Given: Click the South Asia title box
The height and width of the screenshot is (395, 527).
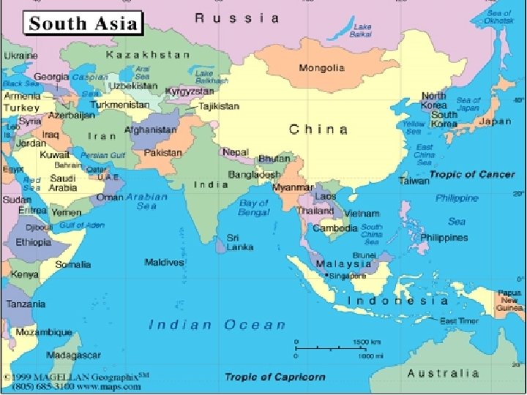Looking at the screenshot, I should pyautogui.click(x=83, y=23).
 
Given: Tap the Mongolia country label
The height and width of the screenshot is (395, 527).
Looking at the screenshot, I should pyautogui.click(x=321, y=68).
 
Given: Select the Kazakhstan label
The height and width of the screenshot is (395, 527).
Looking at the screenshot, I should pyautogui.click(x=148, y=54).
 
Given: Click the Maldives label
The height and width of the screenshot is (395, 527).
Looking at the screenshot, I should pyautogui.click(x=164, y=262).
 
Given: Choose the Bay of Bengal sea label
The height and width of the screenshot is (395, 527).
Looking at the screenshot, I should pyautogui.click(x=254, y=208).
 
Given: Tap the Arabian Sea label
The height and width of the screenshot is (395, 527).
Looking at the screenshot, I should pyautogui.click(x=146, y=201).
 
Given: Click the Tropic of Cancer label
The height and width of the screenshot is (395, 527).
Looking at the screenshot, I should pyautogui.click(x=472, y=175).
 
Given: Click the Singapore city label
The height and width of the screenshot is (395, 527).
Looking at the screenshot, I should pyautogui.click(x=347, y=276).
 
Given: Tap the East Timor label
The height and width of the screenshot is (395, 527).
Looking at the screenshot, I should pyautogui.click(x=459, y=320).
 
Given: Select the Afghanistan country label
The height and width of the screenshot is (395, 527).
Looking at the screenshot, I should pyautogui.click(x=151, y=130).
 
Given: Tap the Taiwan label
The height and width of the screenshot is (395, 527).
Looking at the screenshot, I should pyautogui.click(x=414, y=181).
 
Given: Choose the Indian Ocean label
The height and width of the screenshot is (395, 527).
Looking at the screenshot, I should pyautogui.click(x=217, y=325).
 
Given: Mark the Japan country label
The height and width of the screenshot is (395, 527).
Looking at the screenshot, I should pyautogui.click(x=495, y=121).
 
